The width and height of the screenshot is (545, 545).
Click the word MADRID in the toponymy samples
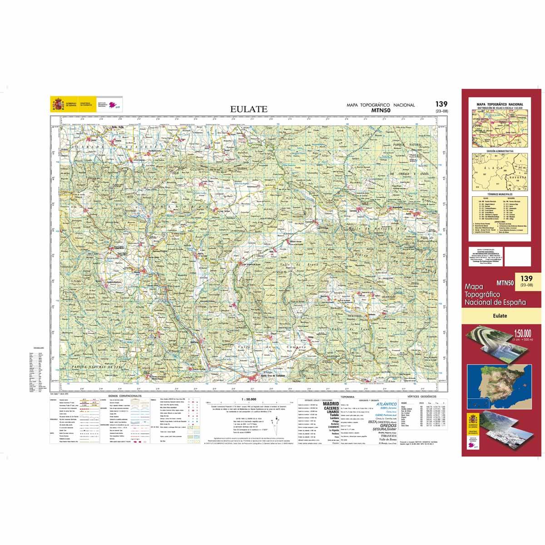[330, 403]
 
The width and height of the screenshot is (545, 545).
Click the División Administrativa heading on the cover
[499, 150]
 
